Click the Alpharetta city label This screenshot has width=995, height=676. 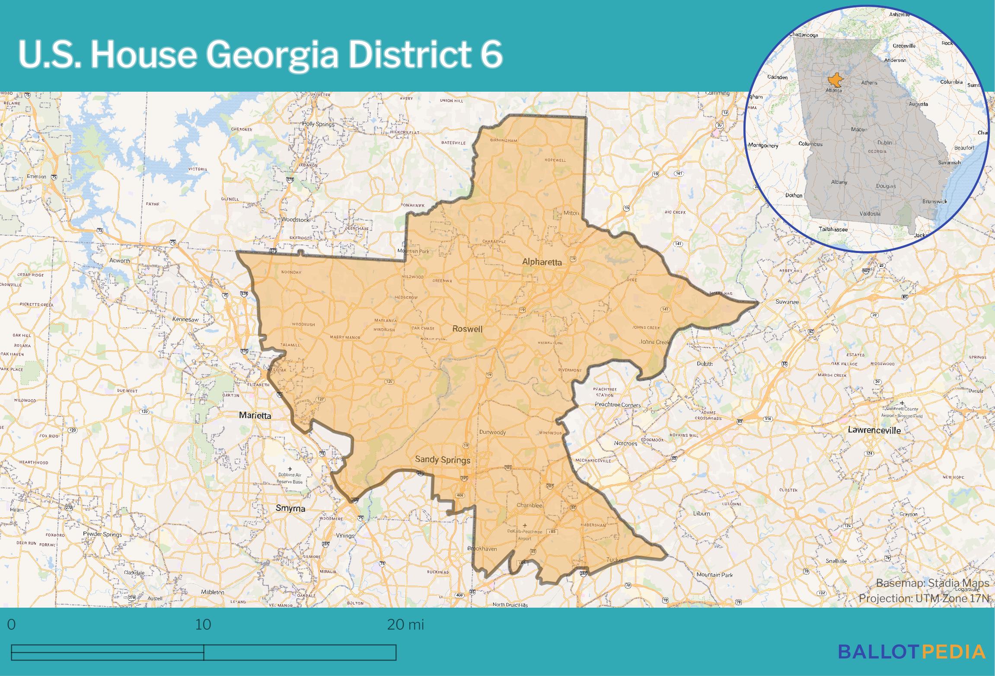coord(542,262)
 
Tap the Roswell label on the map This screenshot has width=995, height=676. coord(467,329)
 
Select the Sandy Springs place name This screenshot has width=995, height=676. coord(442,460)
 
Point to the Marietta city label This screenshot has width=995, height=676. coord(255,416)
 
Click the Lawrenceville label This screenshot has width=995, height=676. coord(874,430)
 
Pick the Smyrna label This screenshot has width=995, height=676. coord(290,509)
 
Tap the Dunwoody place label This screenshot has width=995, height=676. coord(492,432)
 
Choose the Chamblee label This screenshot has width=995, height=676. coord(529,505)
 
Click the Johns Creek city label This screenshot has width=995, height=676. coord(654,342)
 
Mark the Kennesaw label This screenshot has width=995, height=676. coord(185,319)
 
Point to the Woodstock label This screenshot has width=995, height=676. coord(295,220)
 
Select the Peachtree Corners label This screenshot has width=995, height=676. coord(618,405)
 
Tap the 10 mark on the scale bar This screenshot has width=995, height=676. coord(203,625)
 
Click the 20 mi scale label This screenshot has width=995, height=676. coord(405,625)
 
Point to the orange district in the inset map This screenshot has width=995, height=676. coord(833,81)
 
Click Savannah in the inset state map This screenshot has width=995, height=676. coord(949,163)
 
